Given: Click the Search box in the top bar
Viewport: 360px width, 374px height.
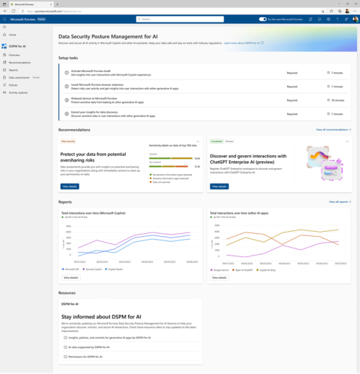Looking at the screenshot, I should tap(180, 19).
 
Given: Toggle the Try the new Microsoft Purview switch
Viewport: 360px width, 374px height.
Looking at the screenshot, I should tap(263, 19).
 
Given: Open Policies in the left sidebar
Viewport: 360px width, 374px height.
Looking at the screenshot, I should tap(14, 85).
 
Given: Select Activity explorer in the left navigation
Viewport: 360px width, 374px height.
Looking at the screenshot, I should tap(18, 92).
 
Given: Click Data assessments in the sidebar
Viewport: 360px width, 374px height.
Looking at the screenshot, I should tap(19, 77).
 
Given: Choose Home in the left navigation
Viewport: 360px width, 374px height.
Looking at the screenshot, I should tap(12, 35).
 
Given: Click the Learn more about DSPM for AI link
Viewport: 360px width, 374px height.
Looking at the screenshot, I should tap(242, 43).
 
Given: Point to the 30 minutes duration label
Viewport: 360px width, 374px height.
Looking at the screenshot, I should tap(337, 100).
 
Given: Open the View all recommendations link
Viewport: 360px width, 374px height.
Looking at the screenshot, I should tap(333, 130).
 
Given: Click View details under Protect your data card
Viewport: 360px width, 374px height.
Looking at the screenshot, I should tap(70, 186).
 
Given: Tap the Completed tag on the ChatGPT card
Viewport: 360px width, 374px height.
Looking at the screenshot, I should tap(216, 142).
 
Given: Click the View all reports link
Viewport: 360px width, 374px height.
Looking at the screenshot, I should tap(339, 202).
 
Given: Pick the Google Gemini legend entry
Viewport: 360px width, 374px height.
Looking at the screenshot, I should tap(220, 269).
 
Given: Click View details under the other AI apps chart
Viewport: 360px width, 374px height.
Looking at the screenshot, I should tap(219, 277).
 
